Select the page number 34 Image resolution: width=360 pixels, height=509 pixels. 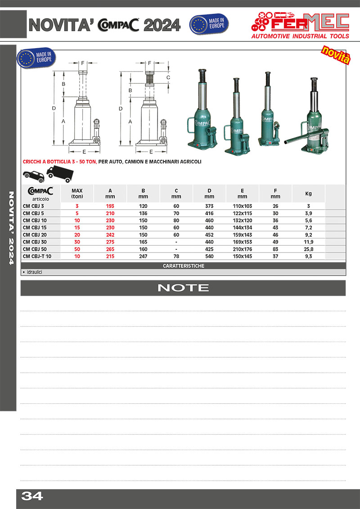[32, 496]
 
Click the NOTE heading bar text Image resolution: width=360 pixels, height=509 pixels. [183, 288]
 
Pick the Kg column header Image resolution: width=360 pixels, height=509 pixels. [308, 194]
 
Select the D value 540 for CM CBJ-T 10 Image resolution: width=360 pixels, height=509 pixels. [209, 256]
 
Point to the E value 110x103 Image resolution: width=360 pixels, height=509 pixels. [242, 206]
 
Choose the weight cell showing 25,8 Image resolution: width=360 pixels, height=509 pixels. [308, 249]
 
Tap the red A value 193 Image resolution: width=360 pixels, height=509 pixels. [110, 206]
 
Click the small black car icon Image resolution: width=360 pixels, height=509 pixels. [33, 175]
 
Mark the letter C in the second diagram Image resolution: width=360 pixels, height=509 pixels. [168, 77]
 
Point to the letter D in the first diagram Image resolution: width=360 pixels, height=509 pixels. [54, 108]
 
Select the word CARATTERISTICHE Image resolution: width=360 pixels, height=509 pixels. [183, 266]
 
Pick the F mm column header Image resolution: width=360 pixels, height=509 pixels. [275, 194]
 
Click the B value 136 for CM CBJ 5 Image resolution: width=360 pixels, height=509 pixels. [143, 213]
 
